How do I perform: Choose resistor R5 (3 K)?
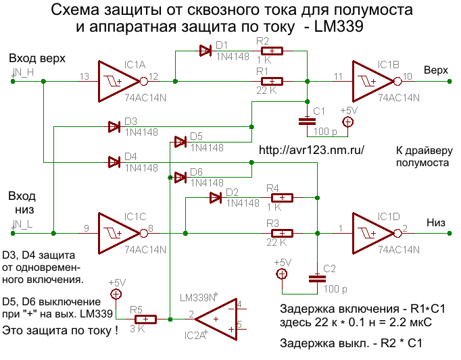[x=142, y=319]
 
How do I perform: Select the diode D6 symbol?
[x=180, y=177]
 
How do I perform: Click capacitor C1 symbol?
[x=308, y=120]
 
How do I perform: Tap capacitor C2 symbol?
[x=316, y=278]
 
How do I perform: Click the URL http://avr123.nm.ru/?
[x=312, y=151]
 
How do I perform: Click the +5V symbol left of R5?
[x=116, y=294]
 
